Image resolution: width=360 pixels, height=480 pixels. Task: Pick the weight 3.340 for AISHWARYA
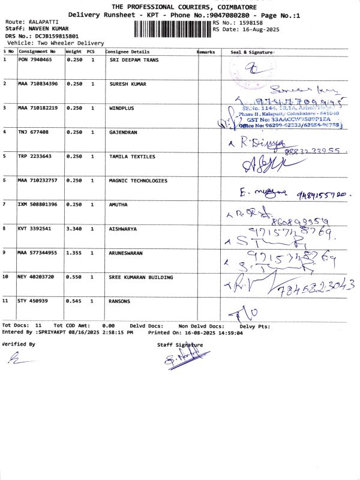74,229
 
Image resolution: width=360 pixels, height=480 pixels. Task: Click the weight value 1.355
74,253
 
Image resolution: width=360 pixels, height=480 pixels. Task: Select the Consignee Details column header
128,52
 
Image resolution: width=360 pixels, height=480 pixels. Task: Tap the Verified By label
19,344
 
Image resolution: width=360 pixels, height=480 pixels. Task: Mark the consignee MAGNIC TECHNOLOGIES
138,181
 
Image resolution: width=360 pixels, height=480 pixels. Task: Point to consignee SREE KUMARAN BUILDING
141,277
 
